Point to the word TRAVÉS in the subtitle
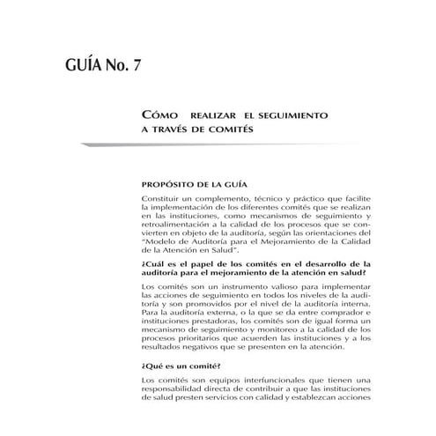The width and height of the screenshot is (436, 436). click(x=174, y=129)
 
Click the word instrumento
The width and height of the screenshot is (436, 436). click(x=236, y=286)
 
